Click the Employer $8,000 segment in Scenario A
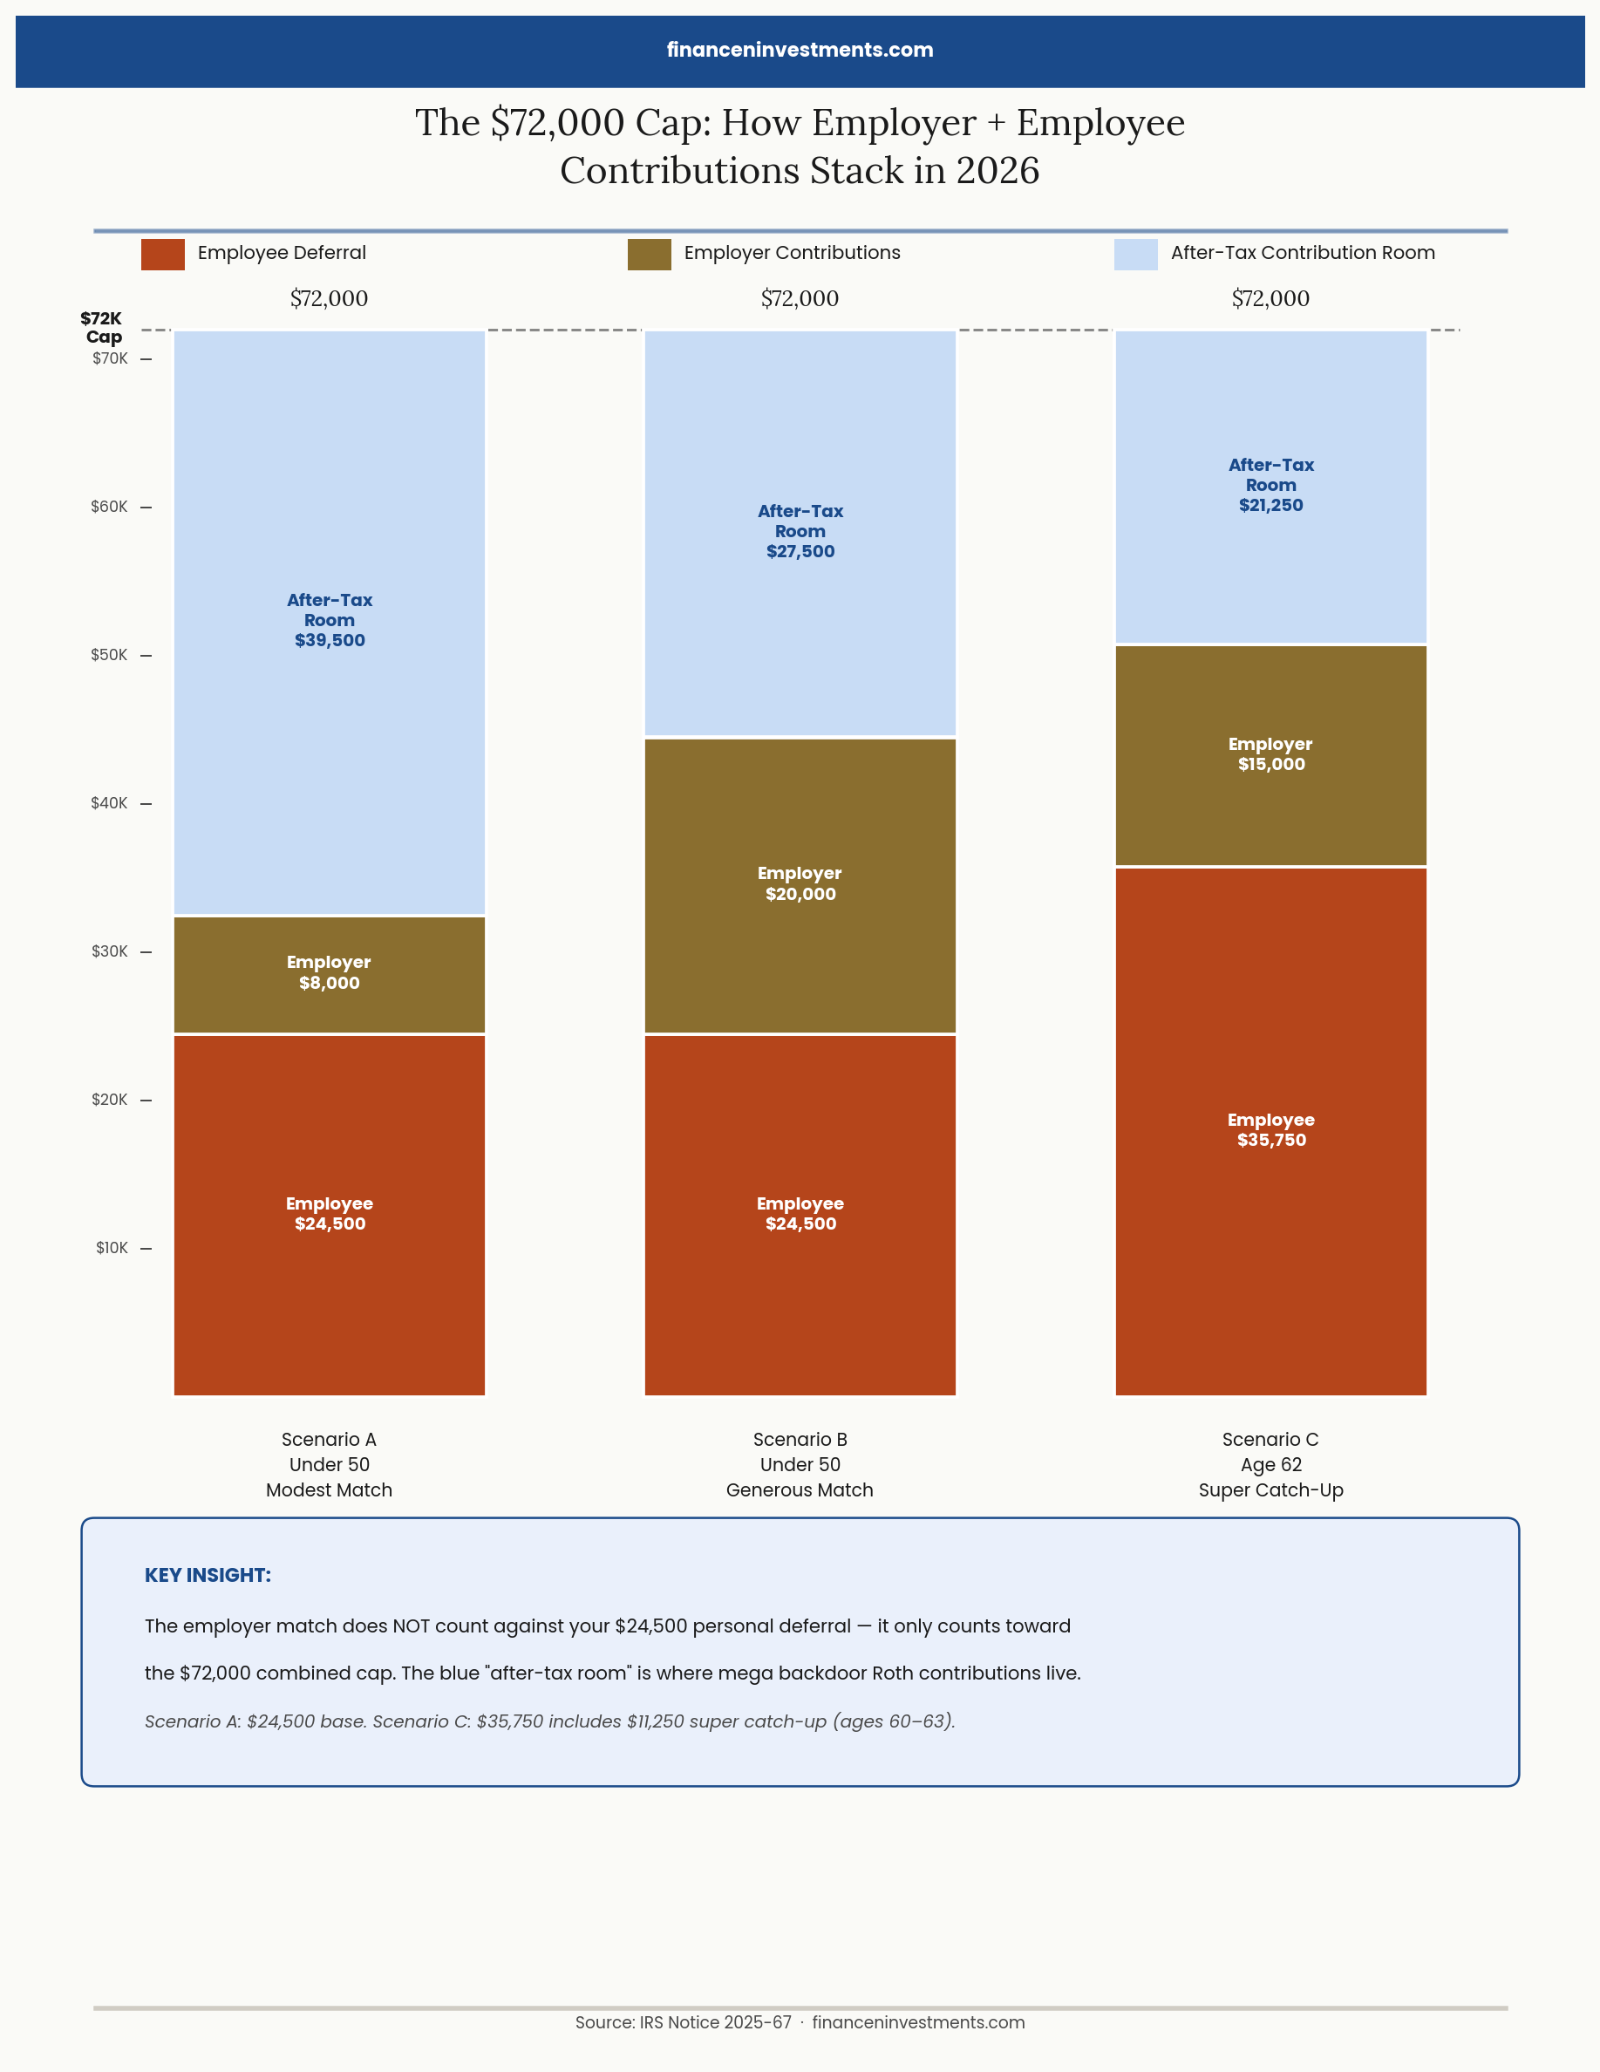point(329,973)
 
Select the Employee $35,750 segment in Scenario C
point(1271,1130)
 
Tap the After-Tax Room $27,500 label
point(800,531)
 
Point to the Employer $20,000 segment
point(800,883)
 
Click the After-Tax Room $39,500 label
point(329,620)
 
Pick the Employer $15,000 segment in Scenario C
point(1271,754)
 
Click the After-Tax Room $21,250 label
point(1271,485)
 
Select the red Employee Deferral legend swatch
point(162,255)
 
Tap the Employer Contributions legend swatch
point(649,255)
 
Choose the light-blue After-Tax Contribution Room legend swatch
point(1135,255)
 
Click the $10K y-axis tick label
point(111,1248)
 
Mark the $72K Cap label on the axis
point(102,327)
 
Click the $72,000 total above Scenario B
point(800,299)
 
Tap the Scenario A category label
point(329,1439)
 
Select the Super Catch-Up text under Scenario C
point(1271,1489)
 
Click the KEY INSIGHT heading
point(208,1575)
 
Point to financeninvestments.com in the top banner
point(800,51)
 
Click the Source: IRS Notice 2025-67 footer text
point(683,2021)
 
